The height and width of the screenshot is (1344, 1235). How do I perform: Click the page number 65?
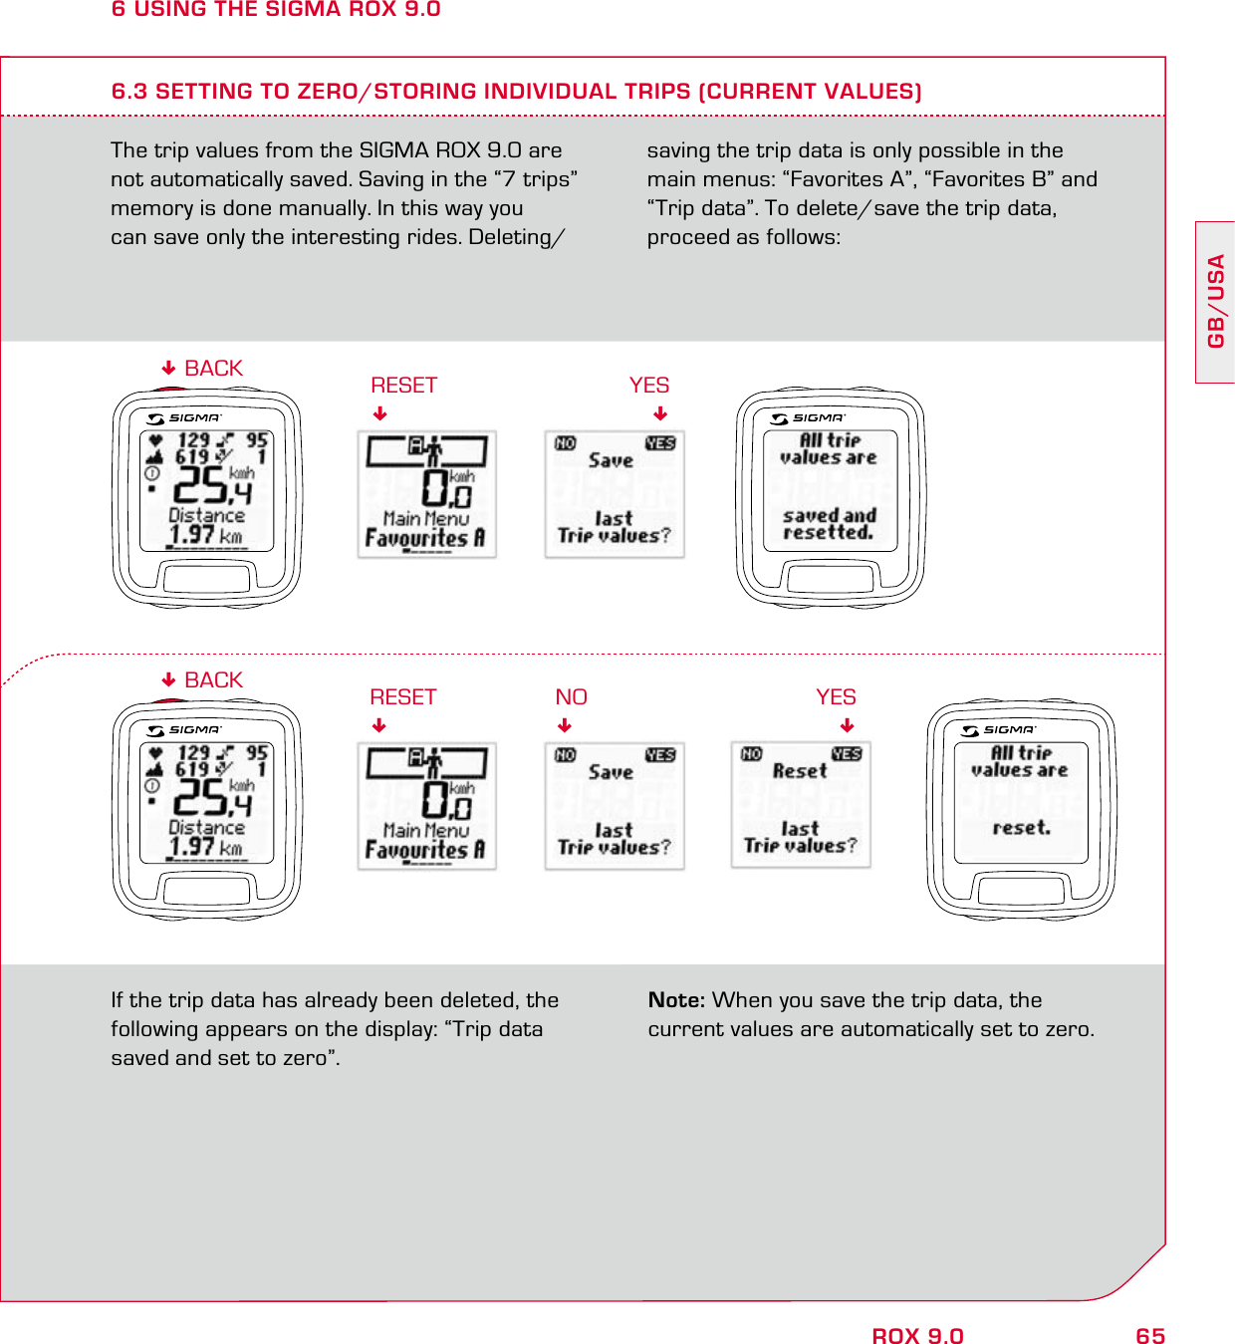pyautogui.click(x=1149, y=1336)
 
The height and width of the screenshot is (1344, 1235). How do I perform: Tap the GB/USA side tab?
pyautogui.click(x=1215, y=302)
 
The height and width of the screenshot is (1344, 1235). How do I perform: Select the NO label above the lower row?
pyautogui.click(x=571, y=697)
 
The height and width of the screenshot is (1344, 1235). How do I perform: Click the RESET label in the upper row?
pyautogui.click(x=403, y=386)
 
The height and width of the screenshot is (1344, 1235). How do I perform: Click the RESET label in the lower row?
pyautogui.click(x=402, y=697)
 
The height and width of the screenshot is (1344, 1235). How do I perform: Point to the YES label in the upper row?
pyautogui.click(x=648, y=386)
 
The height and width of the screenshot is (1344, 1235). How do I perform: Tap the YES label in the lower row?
pyautogui.click(x=836, y=697)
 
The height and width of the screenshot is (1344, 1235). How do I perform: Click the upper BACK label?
pyautogui.click(x=213, y=369)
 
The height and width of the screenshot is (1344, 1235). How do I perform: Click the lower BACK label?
pyautogui.click(x=213, y=680)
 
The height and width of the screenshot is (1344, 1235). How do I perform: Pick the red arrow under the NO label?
pyautogui.click(x=565, y=725)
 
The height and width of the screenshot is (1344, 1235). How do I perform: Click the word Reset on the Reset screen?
pyautogui.click(x=800, y=770)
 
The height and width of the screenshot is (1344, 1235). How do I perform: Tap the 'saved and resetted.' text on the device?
pyautogui.click(x=829, y=524)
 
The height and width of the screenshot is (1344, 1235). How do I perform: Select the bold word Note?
pyautogui.click(x=676, y=1000)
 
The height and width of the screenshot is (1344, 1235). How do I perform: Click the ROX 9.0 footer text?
pyautogui.click(x=917, y=1336)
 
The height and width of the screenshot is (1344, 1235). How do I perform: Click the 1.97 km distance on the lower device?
pyautogui.click(x=205, y=847)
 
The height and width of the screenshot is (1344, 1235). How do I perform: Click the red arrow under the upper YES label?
pyautogui.click(x=659, y=414)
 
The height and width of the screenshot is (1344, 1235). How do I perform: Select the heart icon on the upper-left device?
pyautogui.click(x=155, y=440)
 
